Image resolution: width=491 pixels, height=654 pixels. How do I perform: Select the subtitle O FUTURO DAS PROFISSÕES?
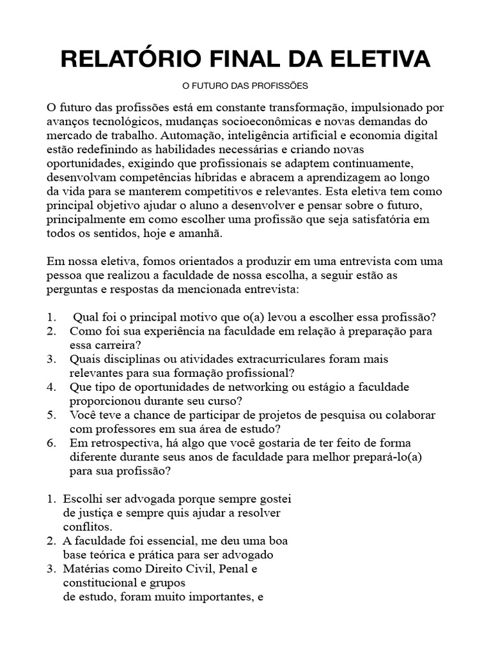tap(245, 85)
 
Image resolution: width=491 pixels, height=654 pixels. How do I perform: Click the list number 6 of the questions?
tap(51, 443)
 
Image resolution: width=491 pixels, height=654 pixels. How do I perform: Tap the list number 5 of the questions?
tap(51, 415)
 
